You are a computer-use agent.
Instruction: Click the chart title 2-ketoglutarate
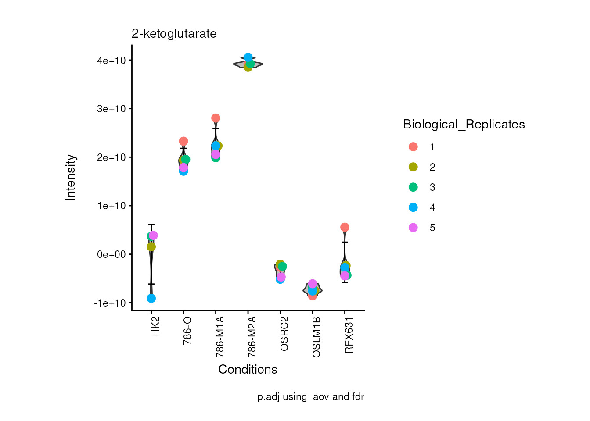pyautogui.click(x=174, y=34)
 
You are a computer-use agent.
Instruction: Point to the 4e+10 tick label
pyautogui.click(x=112, y=61)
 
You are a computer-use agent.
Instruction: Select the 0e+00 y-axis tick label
pyautogui.click(x=112, y=254)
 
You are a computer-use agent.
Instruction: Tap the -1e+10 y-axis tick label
pyautogui.click(x=110, y=303)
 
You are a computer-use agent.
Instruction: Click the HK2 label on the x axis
pyautogui.click(x=155, y=326)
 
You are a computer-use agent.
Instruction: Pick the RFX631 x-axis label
pyautogui.click(x=349, y=335)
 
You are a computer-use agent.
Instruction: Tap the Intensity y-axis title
pyautogui.click(x=71, y=177)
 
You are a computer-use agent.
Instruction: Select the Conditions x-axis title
pyautogui.click(x=248, y=369)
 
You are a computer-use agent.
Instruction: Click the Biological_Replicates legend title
pyautogui.click(x=464, y=125)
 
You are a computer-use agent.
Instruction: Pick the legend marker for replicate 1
pyautogui.click(x=413, y=147)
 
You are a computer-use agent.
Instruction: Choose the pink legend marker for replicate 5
pyautogui.click(x=413, y=228)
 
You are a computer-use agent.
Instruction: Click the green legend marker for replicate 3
pyautogui.click(x=413, y=187)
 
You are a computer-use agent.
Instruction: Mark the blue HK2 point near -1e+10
pyautogui.click(x=151, y=298)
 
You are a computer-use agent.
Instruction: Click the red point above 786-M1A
pyautogui.click(x=216, y=118)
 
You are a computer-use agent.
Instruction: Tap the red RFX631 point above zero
pyautogui.click(x=345, y=227)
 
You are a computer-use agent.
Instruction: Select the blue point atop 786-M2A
pyautogui.click(x=248, y=57)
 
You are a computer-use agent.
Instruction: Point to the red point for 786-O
pyautogui.click(x=183, y=141)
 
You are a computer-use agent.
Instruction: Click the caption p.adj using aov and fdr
pyautogui.click(x=310, y=397)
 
